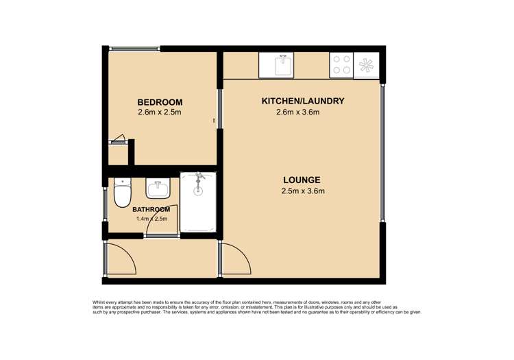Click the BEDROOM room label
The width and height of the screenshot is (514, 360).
click(x=160, y=102)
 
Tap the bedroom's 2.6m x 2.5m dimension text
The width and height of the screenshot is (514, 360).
click(x=160, y=112)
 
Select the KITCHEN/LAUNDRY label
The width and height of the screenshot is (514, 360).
click(x=302, y=101)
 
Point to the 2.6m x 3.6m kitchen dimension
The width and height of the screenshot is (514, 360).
click(x=297, y=112)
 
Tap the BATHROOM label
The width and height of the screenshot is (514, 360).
click(x=151, y=209)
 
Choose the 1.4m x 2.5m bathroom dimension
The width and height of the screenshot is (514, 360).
click(x=151, y=219)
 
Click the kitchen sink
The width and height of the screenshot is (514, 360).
click(x=282, y=66)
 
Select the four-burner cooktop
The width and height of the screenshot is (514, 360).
click(x=341, y=65)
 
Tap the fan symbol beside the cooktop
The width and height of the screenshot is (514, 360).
click(x=367, y=66)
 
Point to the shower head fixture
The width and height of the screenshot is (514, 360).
click(x=199, y=180)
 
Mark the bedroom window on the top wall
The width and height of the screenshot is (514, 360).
click(x=135, y=48)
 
